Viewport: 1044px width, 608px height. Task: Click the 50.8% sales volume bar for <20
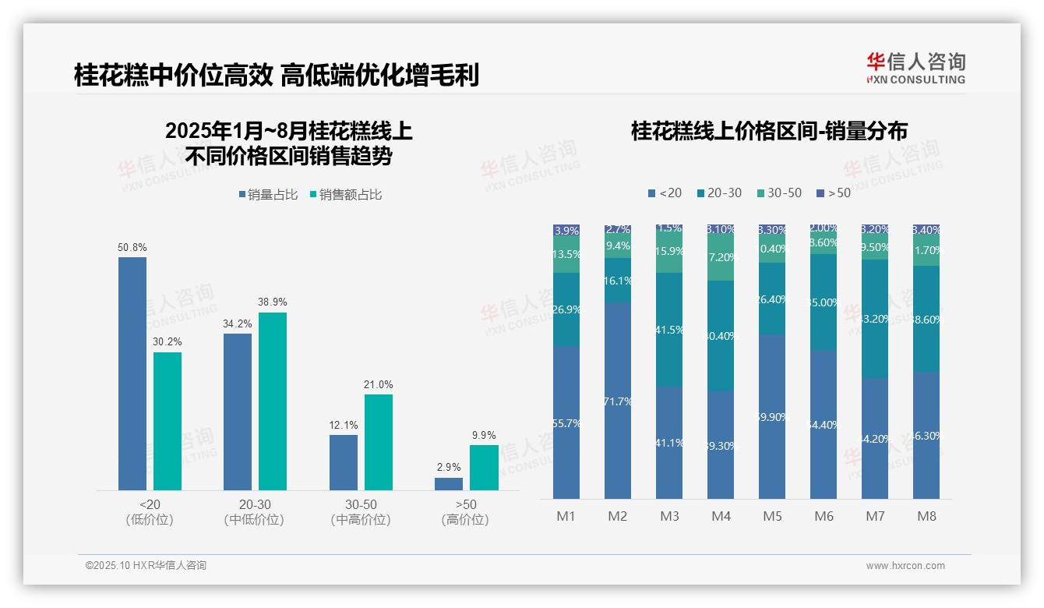(132, 373)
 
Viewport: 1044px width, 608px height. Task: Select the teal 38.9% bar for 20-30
(273, 401)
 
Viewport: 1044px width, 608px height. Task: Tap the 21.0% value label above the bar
(379, 384)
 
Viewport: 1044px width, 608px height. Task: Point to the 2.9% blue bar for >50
(449, 484)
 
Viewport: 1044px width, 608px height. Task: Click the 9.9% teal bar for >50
(484, 468)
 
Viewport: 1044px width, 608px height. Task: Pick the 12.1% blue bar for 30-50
(344, 462)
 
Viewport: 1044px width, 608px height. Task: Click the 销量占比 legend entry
(268, 195)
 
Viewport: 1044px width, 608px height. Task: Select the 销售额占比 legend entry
(346, 195)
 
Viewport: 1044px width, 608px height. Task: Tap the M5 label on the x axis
(772, 516)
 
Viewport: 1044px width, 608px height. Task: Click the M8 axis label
(926, 516)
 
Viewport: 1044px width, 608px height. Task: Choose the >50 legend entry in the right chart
(834, 193)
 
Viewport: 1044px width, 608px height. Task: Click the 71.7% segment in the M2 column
(618, 401)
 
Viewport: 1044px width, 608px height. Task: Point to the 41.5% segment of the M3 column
(669, 330)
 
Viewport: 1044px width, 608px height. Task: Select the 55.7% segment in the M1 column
(566, 422)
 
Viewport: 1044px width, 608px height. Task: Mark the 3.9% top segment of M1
(566, 231)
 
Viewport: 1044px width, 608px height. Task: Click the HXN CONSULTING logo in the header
(915, 69)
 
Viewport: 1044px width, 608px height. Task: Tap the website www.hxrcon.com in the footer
(905, 566)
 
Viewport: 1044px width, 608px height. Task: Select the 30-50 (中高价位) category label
(360, 512)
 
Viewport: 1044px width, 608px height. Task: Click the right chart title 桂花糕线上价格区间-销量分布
(769, 131)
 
